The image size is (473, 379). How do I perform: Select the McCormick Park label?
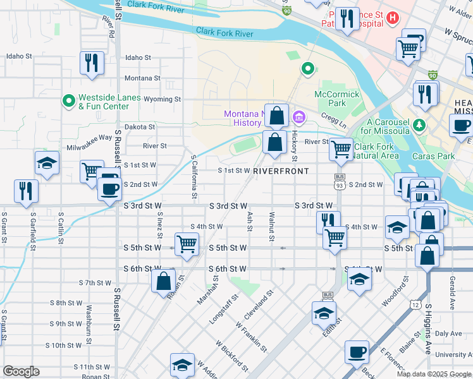click(337, 99)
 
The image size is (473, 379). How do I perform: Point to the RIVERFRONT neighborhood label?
click(281, 171)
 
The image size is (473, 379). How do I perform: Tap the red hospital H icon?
click(393, 17)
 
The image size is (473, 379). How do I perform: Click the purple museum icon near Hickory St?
click(298, 117)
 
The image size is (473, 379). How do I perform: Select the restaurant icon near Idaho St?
click(92, 63)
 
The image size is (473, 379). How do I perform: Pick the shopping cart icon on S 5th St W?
click(187, 243)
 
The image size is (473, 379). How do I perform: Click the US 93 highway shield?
click(340, 184)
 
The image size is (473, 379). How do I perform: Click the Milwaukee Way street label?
click(89, 137)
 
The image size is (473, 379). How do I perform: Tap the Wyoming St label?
click(162, 100)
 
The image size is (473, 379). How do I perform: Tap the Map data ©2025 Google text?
click(433, 374)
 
